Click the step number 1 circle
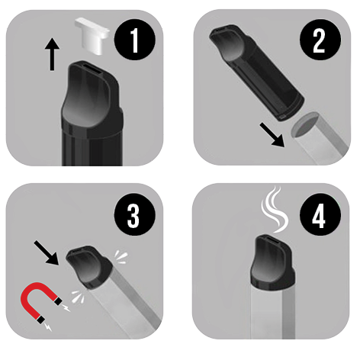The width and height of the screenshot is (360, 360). (135, 40)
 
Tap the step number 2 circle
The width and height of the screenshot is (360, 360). (320, 40)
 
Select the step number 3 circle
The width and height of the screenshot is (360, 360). (135, 215)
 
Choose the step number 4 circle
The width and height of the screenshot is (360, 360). (320, 215)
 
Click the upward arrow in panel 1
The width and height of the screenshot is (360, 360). (52, 54)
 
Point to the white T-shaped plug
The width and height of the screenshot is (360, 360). (92, 36)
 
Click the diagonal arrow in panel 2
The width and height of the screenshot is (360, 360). (272, 135)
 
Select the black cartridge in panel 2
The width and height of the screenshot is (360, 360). (257, 72)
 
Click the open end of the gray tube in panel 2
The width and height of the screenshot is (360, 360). (304, 124)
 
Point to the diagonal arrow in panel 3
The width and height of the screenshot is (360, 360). (47, 253)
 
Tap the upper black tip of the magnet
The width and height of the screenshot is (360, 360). (59, 301)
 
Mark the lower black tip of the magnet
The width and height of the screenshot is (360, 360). (40, 320)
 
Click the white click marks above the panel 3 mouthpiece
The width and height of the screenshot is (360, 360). (121, 258)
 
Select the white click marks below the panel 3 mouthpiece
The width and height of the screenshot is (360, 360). (78, 297)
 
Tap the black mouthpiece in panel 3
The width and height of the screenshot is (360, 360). (89, 266)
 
